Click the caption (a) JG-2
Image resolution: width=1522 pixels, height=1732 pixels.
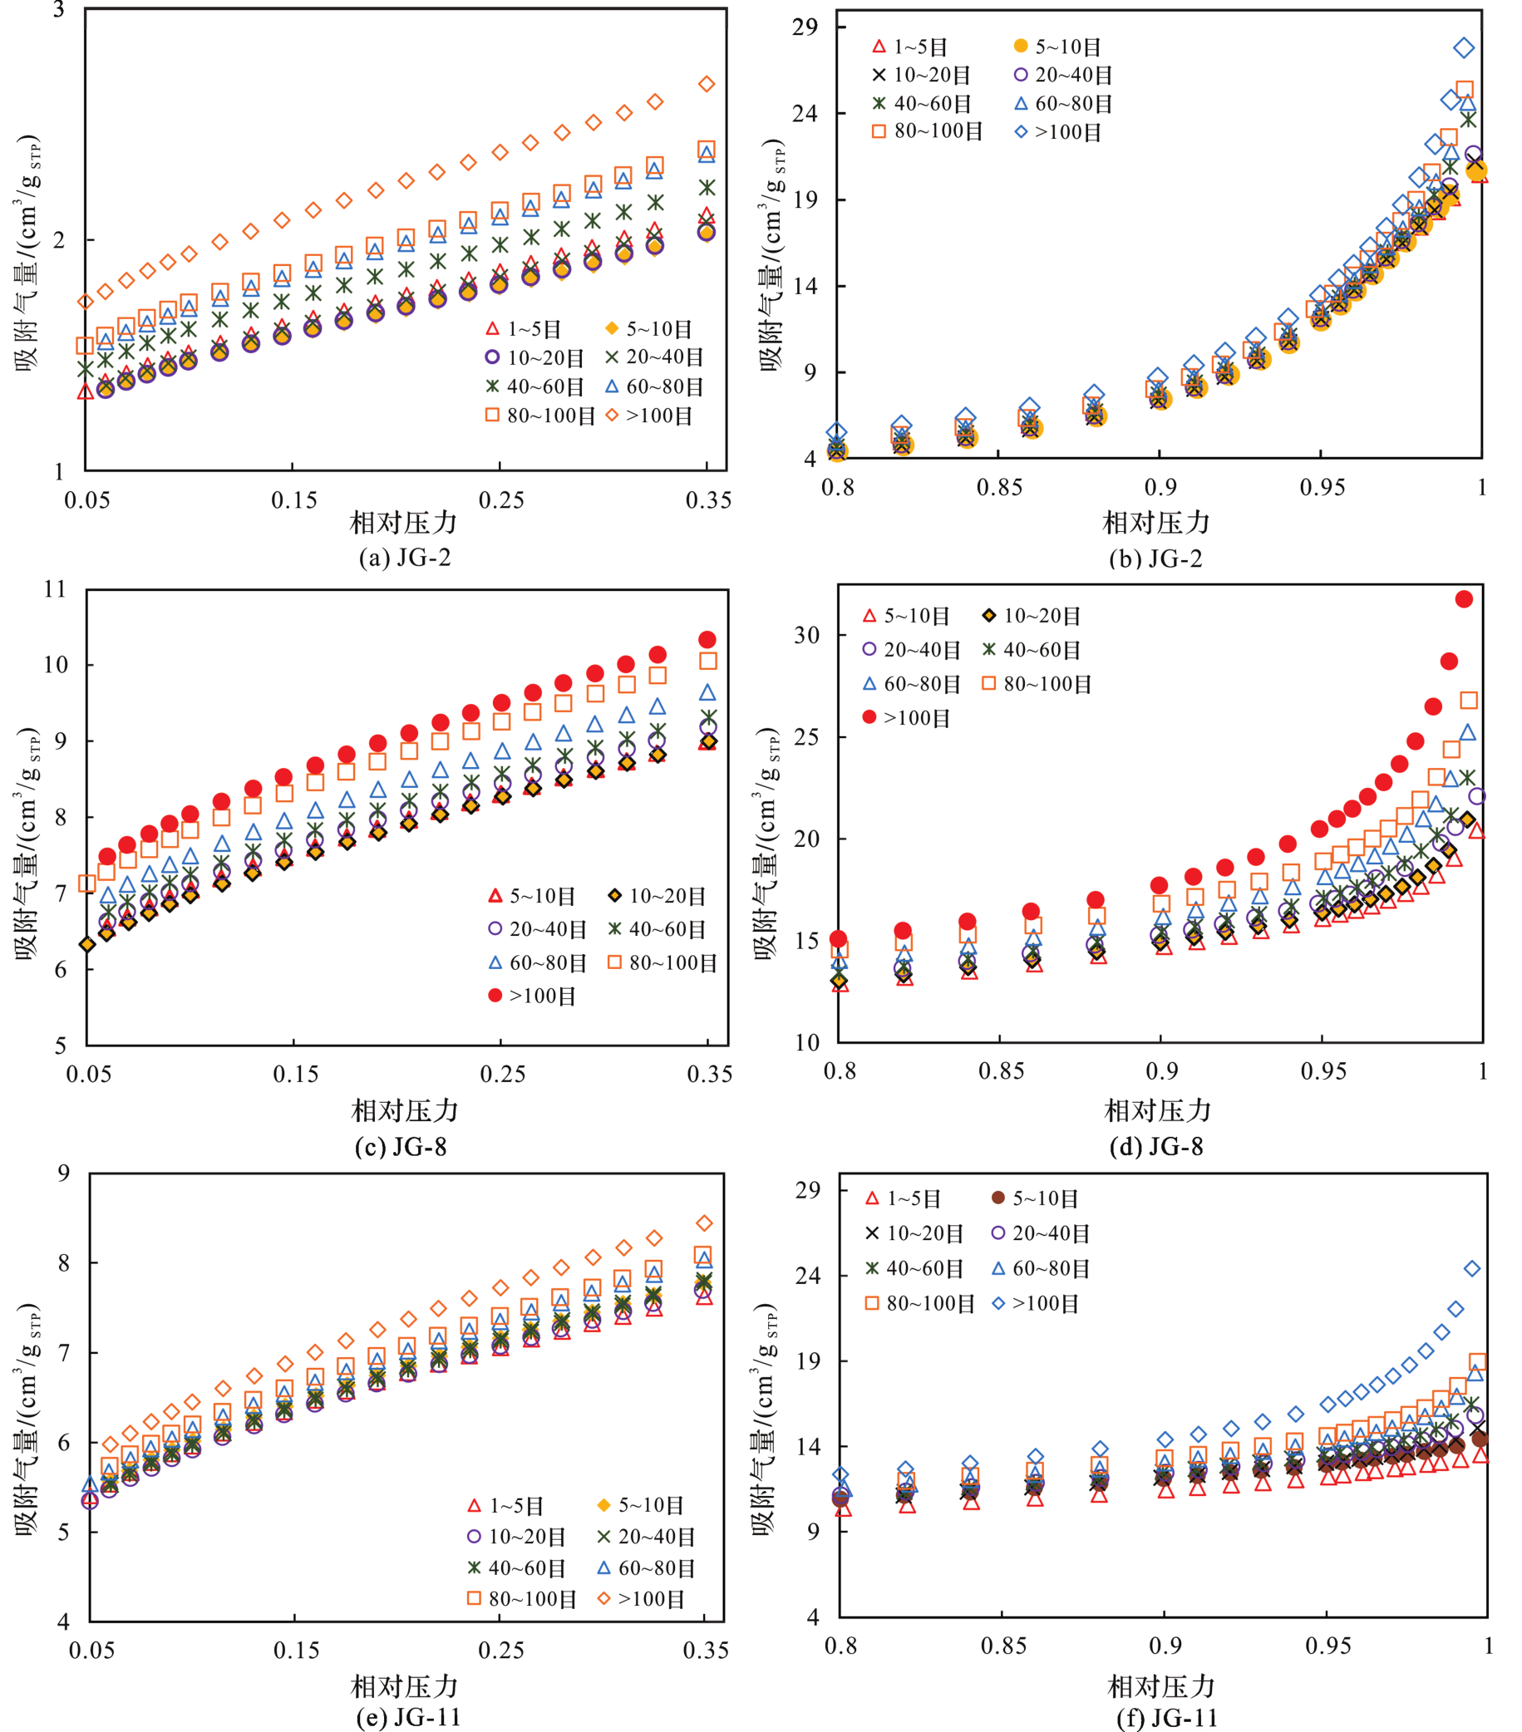404,557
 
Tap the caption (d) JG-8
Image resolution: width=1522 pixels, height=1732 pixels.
1155,1146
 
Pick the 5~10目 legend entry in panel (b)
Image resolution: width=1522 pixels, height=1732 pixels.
1057,47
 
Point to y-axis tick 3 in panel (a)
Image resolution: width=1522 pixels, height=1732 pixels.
58,11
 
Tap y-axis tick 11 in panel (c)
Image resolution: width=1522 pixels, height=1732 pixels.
55,589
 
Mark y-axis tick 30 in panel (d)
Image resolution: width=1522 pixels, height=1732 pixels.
806,635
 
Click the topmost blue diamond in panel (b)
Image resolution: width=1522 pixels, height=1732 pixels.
1464,47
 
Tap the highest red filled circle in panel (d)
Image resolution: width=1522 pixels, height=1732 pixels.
1464,599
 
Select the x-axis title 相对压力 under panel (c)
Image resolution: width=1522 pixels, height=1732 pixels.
404,1110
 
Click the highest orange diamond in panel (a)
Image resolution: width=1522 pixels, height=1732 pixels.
706,84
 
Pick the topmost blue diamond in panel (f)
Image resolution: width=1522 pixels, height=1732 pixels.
1472,1268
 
